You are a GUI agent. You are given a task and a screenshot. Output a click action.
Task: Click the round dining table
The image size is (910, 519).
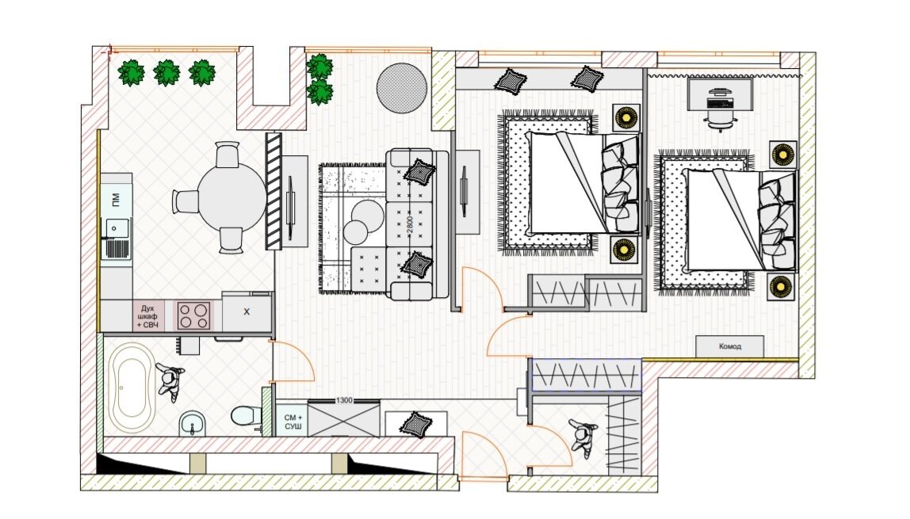coord(232,197)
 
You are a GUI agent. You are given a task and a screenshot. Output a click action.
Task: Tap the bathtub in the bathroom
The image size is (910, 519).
coord(132,387)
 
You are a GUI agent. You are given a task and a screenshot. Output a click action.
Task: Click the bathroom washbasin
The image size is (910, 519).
coord(192,423)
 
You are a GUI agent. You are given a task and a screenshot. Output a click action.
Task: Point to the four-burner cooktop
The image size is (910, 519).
coord(193,316)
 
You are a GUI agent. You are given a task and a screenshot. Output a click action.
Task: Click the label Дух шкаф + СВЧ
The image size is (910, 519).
coord(147,317)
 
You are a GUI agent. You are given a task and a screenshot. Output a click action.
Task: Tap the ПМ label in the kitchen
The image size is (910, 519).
coord(116,200)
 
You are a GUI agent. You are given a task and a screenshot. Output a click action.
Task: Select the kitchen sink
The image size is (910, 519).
coord(116,239)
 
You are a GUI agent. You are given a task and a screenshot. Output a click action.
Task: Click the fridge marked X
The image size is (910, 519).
coord(247,311)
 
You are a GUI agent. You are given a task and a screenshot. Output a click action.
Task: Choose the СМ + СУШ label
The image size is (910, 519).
coord(293,422)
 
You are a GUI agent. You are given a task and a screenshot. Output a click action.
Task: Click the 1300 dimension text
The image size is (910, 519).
coord(344,400)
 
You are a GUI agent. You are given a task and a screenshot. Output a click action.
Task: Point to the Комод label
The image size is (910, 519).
coord(730,346)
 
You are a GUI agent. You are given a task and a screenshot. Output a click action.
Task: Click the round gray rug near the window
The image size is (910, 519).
coord(402,88)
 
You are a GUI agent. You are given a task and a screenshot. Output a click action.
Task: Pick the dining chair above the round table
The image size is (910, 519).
coord(227,155)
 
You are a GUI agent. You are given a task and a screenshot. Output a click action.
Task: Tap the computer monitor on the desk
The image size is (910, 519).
coord(720,92)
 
